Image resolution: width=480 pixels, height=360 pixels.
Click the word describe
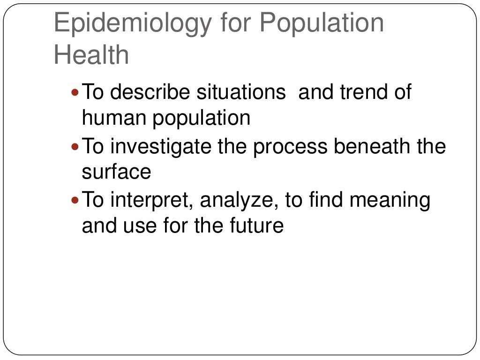pos(151,92)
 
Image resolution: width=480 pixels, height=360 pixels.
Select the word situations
pos(241,92)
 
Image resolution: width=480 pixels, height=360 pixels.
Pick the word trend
pos(360,92)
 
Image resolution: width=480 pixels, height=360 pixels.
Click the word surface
pos(116,172)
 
